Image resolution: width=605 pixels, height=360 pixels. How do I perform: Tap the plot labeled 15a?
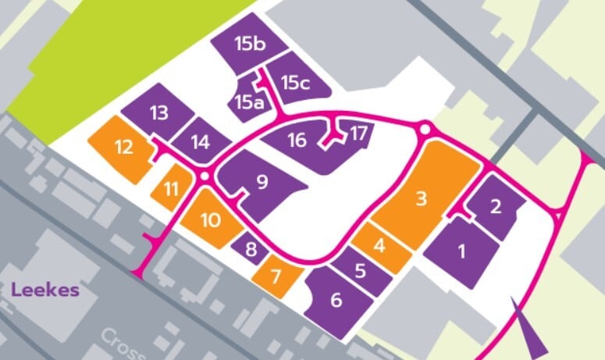click(x=246, y=101)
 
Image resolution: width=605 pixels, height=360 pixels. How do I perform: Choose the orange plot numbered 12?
click(x=123, y=146)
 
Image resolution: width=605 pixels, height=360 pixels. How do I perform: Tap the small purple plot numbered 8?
click(x=251, y=249)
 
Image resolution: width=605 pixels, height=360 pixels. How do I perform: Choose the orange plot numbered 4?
click(x=380, y=246)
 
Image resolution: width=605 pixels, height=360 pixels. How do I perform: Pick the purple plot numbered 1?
click(x=461, y=251)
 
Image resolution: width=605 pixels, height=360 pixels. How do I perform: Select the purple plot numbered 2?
click(x=495, y=206)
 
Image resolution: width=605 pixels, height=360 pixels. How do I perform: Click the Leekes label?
click(x=45, y=290)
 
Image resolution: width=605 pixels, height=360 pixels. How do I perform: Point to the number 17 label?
click(x=358, y=132)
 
